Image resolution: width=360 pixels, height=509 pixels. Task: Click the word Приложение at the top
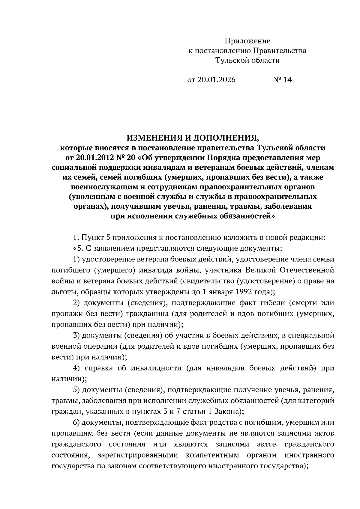[247, 41]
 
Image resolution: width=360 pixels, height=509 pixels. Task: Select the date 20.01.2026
[216, 80]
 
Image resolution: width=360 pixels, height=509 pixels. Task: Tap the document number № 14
[282, 80]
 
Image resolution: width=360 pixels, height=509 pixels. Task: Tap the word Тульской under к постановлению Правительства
[232, 61]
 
